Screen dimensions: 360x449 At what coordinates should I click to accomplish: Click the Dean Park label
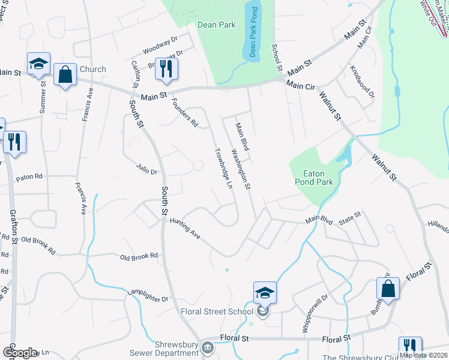tap(217, 25)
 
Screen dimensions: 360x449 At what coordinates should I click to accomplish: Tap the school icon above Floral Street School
tap(265, 293)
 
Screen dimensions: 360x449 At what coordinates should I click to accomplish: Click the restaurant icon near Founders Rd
tap(166, 69)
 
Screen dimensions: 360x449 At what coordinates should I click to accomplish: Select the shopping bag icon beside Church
tap(65, 75)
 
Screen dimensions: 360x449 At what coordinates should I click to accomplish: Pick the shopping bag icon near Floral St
tap(388, 289)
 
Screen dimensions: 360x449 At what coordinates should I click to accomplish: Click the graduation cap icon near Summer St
tap(38, 64)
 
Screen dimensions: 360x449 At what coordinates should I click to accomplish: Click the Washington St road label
tap(240, 170)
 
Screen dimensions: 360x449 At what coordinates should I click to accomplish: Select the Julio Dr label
tap(146, 170)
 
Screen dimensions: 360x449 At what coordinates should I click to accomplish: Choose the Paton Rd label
tap(29, 177)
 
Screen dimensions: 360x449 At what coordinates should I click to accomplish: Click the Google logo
tap(19, 353)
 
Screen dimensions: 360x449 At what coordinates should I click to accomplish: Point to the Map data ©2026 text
tap(424, 355)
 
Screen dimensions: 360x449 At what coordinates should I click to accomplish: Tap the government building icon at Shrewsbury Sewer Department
tap(207, 347)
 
